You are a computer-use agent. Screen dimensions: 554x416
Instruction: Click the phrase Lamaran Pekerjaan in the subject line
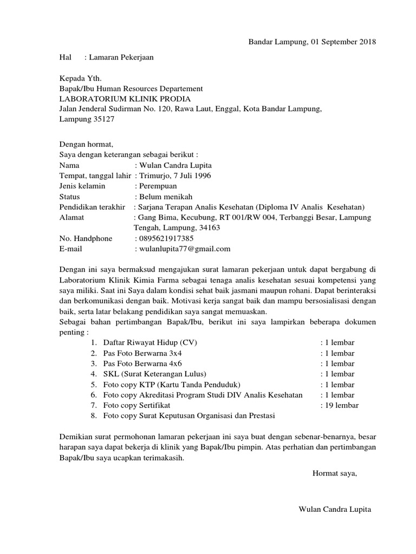pos(123,57)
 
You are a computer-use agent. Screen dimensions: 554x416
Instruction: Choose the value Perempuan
pos(161,186)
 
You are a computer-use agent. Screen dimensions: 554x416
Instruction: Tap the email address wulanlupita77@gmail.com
pos(185,249)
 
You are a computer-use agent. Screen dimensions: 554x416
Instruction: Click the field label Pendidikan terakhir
pos(93,207)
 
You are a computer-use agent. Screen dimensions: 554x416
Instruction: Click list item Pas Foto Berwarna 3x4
pos(140,353)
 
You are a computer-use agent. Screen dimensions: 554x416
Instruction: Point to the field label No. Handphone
pos(86,239)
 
